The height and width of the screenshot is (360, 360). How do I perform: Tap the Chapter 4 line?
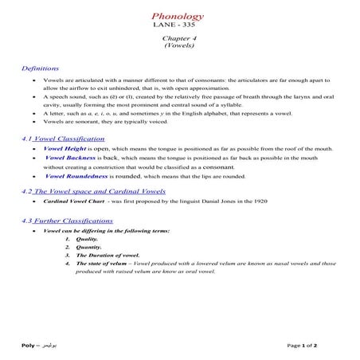pyautogui.click(x=179, y=38)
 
